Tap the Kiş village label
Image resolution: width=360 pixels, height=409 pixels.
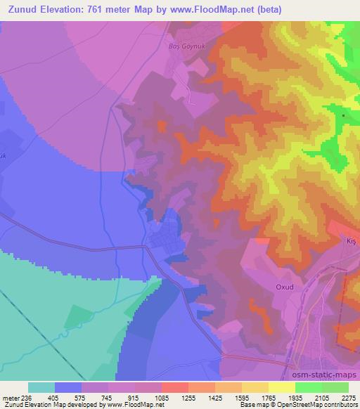click(x=352, y=241)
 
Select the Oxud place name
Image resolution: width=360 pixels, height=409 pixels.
click(x=285, y=288)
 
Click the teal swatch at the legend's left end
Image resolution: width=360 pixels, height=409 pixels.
click(x=42, y=387)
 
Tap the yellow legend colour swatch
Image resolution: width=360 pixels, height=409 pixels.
click(x=281, y=387)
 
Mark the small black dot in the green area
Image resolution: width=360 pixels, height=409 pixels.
click(x=343, y=115)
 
